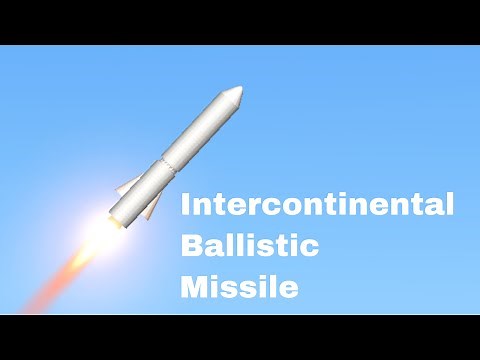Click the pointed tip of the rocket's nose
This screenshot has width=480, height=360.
pos(242,89)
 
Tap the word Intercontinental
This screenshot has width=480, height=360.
pos(316,207)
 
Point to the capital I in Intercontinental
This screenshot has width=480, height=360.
pos(185,207)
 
